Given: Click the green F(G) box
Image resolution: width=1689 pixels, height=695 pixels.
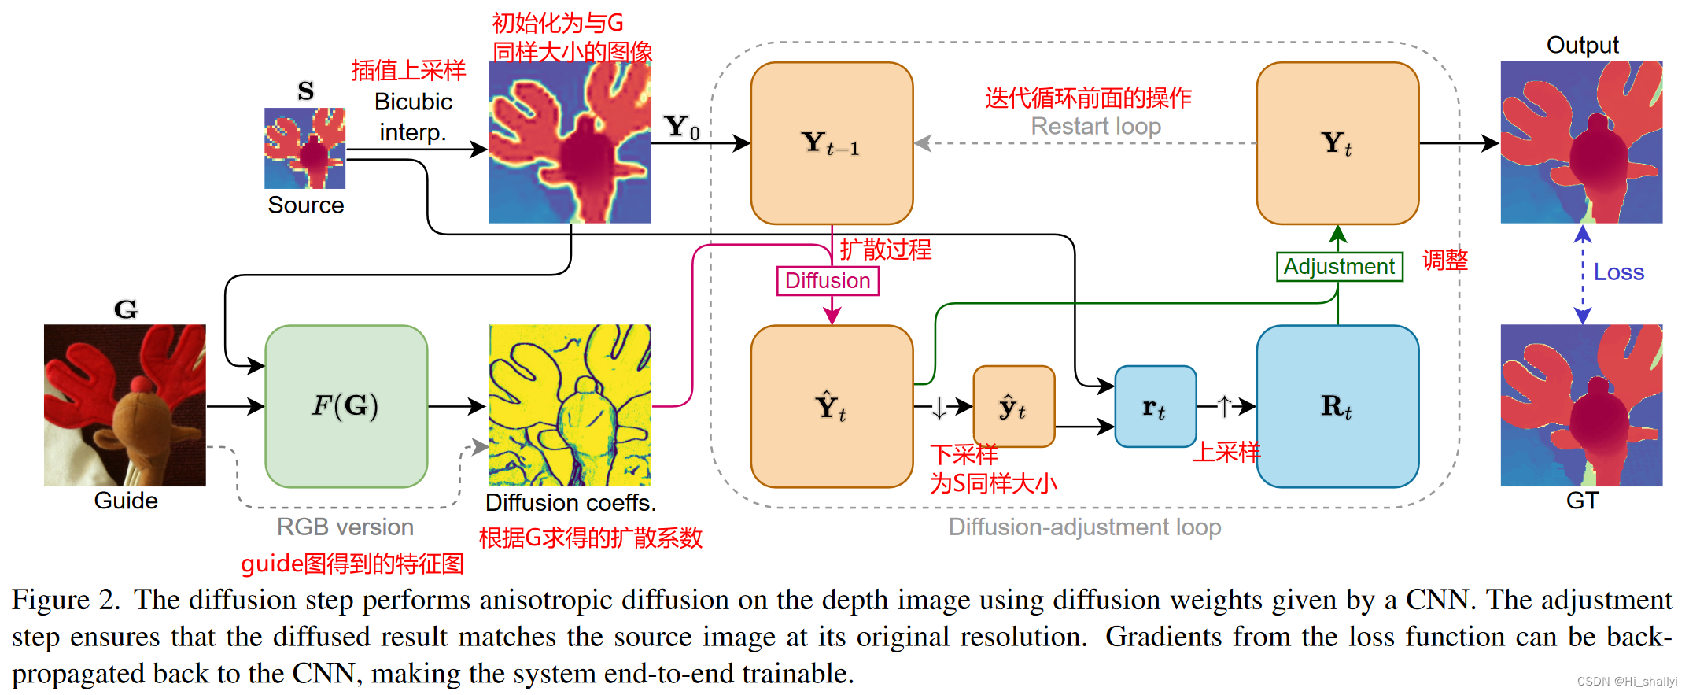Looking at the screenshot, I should click(346, 406).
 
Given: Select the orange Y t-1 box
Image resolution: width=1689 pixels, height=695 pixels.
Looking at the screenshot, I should click(832, 143).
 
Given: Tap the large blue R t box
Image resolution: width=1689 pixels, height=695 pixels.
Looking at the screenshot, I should click(1337, 406).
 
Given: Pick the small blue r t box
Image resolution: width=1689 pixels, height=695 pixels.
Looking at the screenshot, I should click(1155, 406).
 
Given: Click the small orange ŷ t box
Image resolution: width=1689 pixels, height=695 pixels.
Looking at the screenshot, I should click(1013, 406).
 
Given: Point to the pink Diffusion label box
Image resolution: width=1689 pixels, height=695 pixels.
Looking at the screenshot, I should click(828, 281).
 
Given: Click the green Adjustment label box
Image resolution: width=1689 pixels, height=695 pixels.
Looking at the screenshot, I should click(1339, 267).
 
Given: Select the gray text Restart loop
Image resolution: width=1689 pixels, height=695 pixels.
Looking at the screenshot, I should click(1096, 126).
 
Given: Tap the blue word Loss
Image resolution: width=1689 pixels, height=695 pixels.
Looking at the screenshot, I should click(1618, 272).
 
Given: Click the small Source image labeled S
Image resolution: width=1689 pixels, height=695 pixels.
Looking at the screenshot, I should click(304, 148).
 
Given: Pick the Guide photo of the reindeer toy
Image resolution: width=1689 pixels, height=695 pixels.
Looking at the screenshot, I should click(125, 405).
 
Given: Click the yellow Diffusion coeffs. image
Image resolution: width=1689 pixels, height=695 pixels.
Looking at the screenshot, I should click(570, 405).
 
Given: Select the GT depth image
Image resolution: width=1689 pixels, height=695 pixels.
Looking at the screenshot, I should click(1581, 405).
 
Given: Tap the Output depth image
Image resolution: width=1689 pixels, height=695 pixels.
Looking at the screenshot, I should click(1581, 142).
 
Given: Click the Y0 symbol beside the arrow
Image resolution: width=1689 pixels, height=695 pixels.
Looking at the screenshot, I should click(681, 128).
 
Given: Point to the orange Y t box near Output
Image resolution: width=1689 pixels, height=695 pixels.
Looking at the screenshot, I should click(1337, 143).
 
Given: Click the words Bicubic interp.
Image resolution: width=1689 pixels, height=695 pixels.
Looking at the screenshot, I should click(413, 116).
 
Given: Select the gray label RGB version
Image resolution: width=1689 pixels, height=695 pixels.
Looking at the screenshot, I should click(345, 527).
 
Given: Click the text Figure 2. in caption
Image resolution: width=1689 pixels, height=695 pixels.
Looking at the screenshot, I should click(65, 601).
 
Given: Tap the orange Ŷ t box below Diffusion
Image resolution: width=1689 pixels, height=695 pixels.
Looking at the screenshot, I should click(832, 406).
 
